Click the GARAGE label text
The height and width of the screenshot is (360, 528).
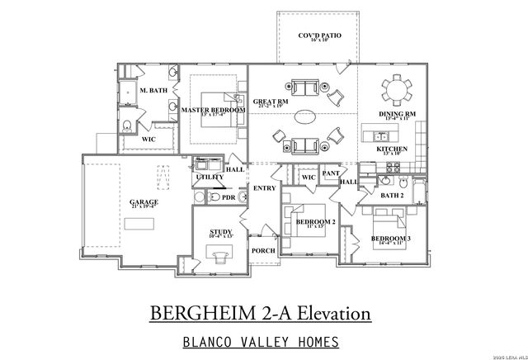pyautogui.click(x=144, y=201)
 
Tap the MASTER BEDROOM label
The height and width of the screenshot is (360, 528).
pyautogui.click(x=213, y=110)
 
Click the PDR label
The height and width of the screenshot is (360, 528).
pyautogui.click(x=229, y=198)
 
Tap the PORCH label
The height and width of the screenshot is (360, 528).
pyautogui.click(x=263, y=250)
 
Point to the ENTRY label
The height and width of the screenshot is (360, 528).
pyautogui.click(x=265, y=188)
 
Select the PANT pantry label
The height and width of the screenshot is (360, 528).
pyautogui.click(x=331, y=173)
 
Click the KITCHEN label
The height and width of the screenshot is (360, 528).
pyautogui.click(x=392, y=149)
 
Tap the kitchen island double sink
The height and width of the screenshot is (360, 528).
pyautogui.click(x=380, y=135)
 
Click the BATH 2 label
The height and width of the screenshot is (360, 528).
pyautogui.click(x=392, y=195)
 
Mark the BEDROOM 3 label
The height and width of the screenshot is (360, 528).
pyautogui.click(x=393, y=239)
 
